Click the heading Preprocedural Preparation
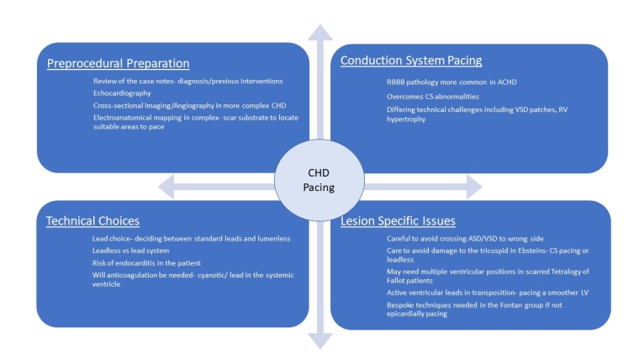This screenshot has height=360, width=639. click(x=118, y=63)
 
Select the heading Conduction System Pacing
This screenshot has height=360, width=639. click(x=412, y=61)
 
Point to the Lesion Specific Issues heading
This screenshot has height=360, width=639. click(x=399, y=221)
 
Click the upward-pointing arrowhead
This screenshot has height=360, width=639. click(x=319, y=32)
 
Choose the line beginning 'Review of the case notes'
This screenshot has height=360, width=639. click(x=187, y=81)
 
